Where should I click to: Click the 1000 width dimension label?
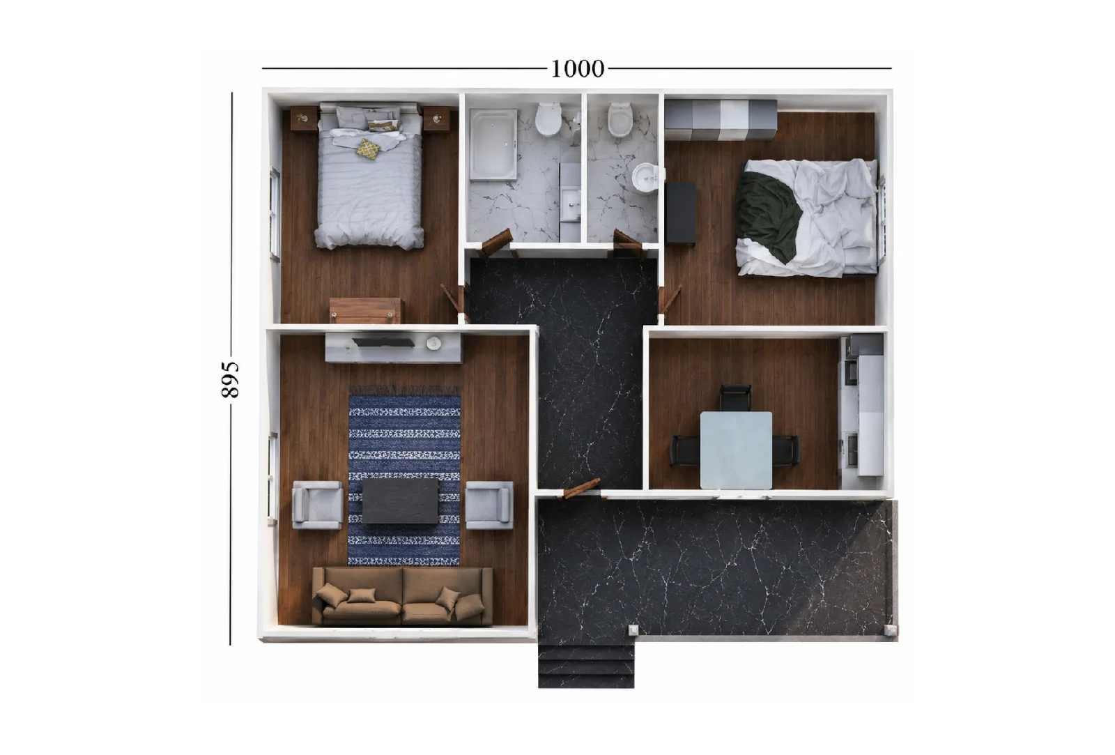pos(578,69)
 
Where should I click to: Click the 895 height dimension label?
pos(230,379)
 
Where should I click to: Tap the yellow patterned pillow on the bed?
pos(368,149)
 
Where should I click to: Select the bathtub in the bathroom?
pos(494,144)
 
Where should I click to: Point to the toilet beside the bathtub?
pos(548,119)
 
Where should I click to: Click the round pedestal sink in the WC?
pos(645,178)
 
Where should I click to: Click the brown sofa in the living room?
pos(402,596)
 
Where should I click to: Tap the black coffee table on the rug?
pos(400,501)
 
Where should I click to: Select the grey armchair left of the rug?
pos(318,505)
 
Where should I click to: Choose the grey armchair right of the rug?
pos(489,505)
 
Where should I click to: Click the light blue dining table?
pos(736,450)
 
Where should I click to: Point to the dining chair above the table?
pos(735,398)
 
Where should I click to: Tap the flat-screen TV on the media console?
pos(383,342)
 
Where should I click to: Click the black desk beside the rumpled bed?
pos(680,213)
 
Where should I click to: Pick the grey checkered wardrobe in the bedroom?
pos(721,119)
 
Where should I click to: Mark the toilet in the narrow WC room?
pos(620,119)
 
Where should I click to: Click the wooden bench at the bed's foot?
pos(365,311)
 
